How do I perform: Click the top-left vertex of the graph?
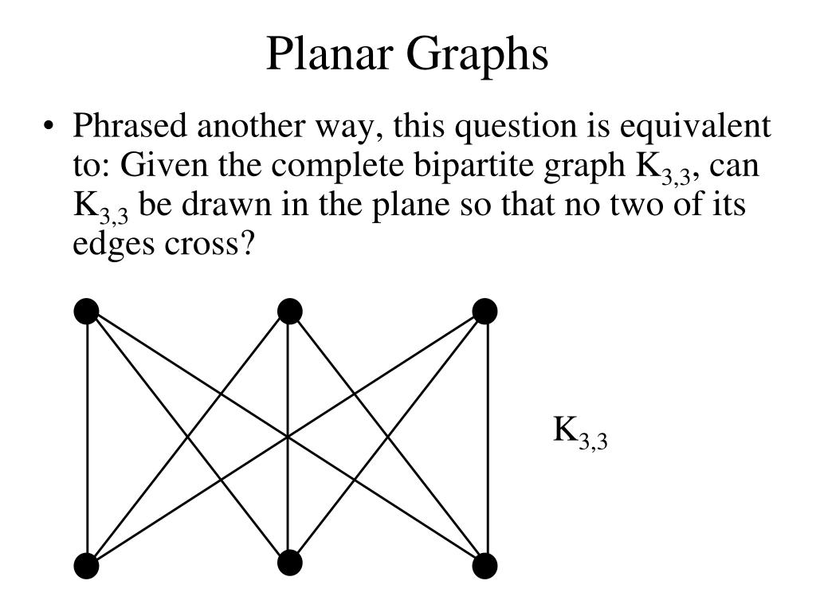tap(86, 311)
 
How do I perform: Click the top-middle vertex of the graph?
tap(289, 311)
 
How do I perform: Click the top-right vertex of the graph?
tap(484, 311)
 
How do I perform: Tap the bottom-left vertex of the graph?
tap(86, 567)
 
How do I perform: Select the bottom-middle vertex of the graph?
tap(289, 563)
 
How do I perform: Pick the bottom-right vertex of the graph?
tap(484, 567)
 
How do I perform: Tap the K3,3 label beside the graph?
tap(580, 432)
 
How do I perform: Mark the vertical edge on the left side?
tap(87, 438)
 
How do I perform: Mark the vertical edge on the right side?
tap(485, 438)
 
